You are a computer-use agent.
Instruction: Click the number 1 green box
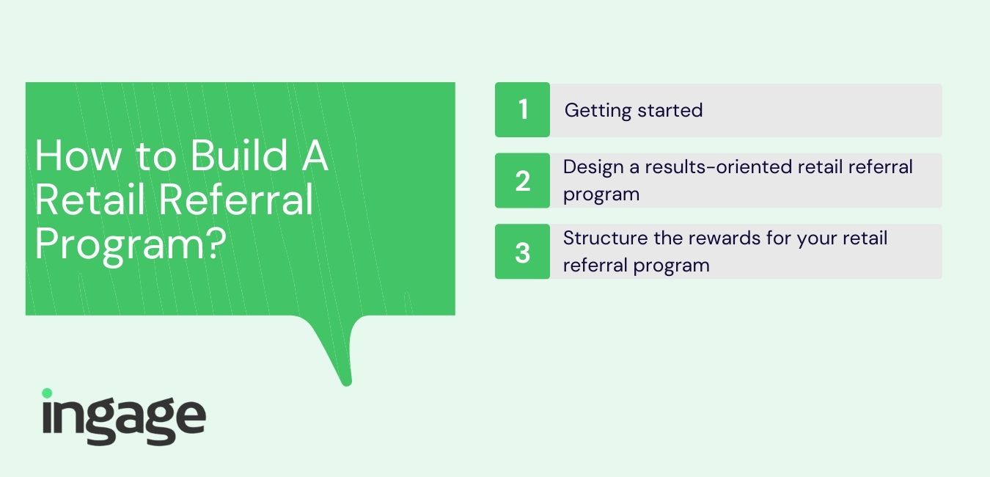tap(522, 109)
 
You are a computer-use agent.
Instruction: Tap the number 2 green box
tap(522, 181)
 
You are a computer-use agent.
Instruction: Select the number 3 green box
tap(522, 252)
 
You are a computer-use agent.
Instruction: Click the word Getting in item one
tap(598, 111)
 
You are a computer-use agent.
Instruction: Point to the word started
tap(670, 110)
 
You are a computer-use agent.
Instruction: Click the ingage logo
tap(124, 417)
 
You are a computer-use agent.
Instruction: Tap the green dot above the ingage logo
tap(47, 393)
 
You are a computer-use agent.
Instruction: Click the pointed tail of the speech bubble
tap(347, 383)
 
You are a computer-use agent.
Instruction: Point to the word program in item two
tap(601, 195)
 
